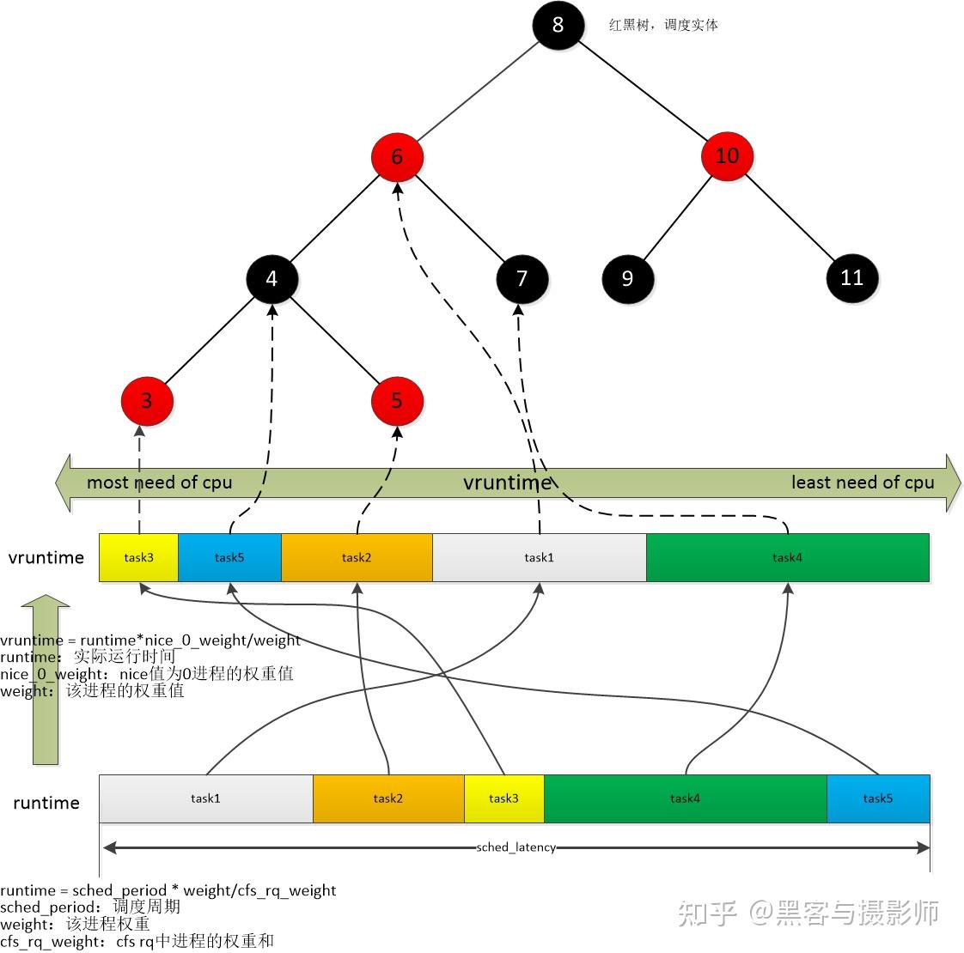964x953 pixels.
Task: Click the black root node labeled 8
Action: (558, 24)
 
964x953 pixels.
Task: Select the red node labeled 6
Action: (397, 157)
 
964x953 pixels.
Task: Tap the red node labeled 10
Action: (727, 155)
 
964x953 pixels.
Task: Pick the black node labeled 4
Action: (272, 279)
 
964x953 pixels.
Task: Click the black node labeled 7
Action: (522, 279)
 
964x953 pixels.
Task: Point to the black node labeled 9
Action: (627, 278)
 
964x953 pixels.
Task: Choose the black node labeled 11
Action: (851, 277)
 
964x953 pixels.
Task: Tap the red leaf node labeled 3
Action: (147, 401)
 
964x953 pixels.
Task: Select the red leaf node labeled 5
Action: (397, 401)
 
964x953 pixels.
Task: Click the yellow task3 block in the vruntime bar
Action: (138, 558)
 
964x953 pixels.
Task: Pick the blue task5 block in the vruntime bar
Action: (229, 558)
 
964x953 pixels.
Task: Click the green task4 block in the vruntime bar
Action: (787, 558)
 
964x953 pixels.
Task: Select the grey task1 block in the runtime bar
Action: (206, 798)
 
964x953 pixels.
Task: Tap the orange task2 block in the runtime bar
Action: (388, 798)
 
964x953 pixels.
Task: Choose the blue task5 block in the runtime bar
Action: (877, 798)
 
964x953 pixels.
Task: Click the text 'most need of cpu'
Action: (160, 483)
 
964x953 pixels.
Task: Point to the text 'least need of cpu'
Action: (862, 483)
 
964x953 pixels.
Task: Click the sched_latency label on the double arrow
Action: (516, 847)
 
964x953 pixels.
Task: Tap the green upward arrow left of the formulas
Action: (46, 678)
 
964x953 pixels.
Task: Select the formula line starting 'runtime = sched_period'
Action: (168, 890)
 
